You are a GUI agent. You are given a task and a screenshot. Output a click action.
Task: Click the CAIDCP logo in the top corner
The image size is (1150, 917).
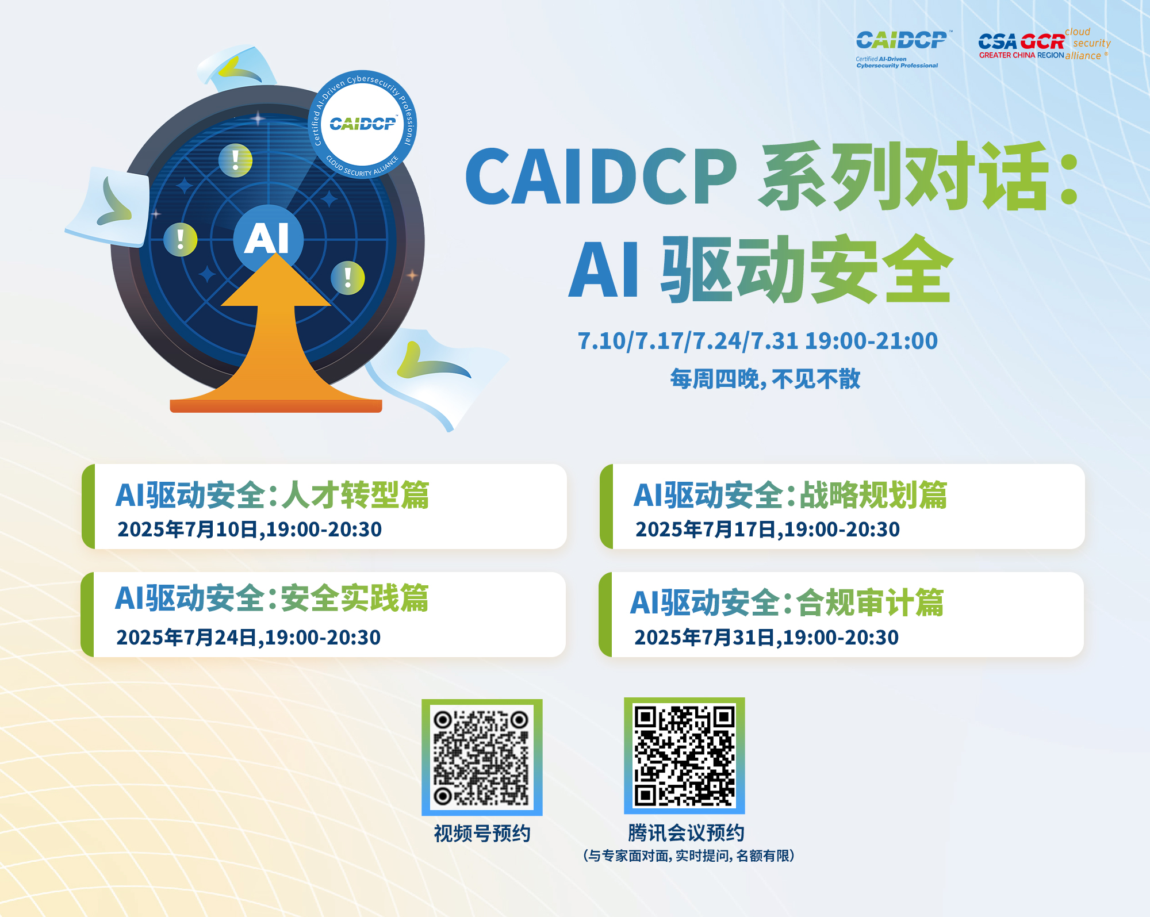[x=901, y=48]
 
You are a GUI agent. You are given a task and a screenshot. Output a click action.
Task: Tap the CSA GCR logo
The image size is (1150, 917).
[x=1044, y=44]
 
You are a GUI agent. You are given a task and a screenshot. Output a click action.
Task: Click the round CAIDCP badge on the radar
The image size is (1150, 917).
[x=362, y=124]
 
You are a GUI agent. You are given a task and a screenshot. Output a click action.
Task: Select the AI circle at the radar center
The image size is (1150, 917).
[x=268, y=238]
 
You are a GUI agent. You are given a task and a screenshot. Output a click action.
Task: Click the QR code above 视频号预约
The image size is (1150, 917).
[x=482, y=757]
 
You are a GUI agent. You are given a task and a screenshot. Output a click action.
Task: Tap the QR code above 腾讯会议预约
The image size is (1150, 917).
[x=684, y=756]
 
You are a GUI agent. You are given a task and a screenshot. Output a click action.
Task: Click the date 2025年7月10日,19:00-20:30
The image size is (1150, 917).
[x=250, y=530]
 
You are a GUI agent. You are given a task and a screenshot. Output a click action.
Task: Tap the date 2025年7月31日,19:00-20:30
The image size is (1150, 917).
[x=766, y=638]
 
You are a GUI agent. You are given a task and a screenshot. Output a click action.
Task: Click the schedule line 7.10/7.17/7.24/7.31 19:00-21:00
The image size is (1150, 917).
[x=758, y=341]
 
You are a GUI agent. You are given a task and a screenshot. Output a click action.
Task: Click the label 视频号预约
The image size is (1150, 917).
[x=482, y=833]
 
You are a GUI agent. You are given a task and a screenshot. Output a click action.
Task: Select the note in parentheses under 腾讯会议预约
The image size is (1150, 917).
[x=689, y=855]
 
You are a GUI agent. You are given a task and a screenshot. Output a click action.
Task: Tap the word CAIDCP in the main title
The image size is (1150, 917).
[x=601, y=177]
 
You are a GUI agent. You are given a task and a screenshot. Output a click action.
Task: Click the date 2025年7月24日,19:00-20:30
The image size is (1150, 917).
[x=248, y=638]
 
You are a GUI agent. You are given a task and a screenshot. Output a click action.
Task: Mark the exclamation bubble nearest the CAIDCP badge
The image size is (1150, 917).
[x=235, y=160]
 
